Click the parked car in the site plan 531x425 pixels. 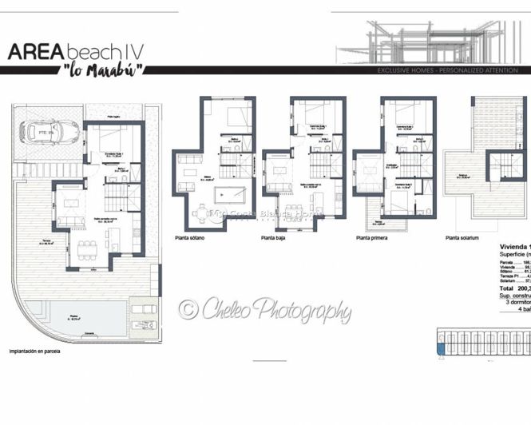pos(50,132)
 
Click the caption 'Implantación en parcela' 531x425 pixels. pos(34,351)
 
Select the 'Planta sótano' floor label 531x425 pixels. pos(192,237)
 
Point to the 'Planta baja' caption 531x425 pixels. pos(273,237)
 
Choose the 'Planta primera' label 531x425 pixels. pos(374,237)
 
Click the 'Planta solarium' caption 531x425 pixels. pos(464,237)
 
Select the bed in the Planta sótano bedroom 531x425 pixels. pos(236,117)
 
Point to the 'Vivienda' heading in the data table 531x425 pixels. pos(512,247)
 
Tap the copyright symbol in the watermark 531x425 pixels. pos(188,308)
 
